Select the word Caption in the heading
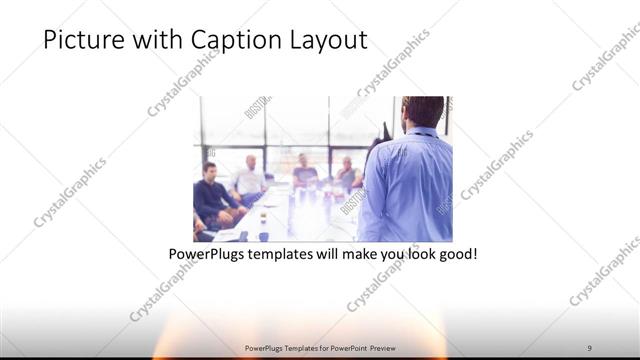tap(219, 40)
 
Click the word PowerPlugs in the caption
tap(207, 255)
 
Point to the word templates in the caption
tap(289, 255)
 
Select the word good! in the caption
tap(455, 255)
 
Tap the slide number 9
tap(589, 348)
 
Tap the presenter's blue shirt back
tap(408, 185)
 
